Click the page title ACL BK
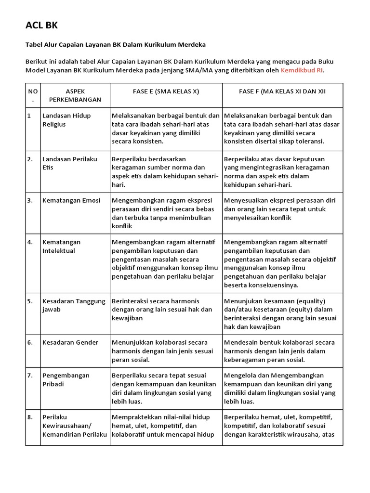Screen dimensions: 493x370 (x=41, y=25)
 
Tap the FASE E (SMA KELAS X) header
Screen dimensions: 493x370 (x=166, y=91)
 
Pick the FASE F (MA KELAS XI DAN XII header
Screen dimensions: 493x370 (x=282, y=91)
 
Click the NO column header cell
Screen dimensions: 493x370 (x=32, y=95)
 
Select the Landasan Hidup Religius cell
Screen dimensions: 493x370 (x=66, y=120)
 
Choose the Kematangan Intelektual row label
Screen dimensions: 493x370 (x=62, y=246)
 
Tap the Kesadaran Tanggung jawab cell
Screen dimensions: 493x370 (x=73, y=305)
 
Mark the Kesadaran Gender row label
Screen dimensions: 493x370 (x=70, y=342)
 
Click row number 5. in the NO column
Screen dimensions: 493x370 (x=30, y=301)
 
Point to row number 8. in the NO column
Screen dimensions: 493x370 (x=30, y=417)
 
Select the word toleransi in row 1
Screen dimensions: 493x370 (x=307, y=142)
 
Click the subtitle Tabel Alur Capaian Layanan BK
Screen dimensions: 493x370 (x=116, y=45)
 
